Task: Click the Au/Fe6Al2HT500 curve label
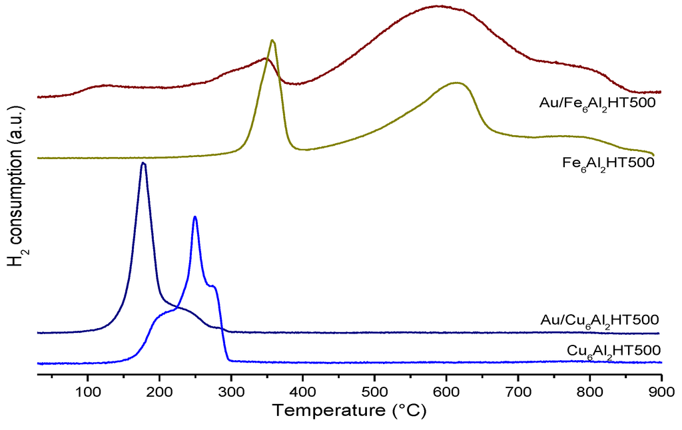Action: click(x=598, y=104)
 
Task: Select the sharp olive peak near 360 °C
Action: click(x=272, y=41)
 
